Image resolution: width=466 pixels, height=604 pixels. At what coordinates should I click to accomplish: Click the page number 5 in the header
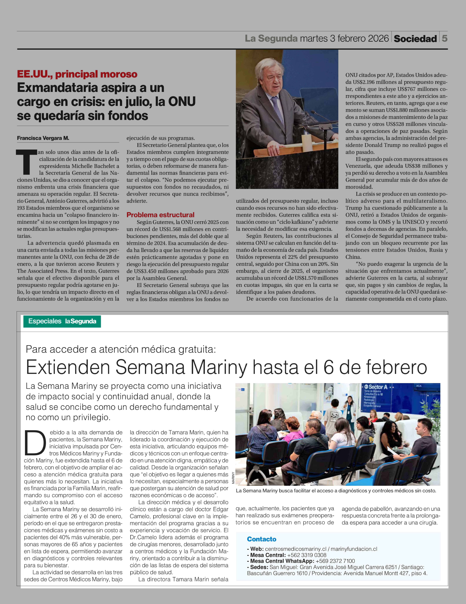point(444,38)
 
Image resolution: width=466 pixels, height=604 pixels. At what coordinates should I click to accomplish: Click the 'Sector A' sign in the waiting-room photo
point(378,387)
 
